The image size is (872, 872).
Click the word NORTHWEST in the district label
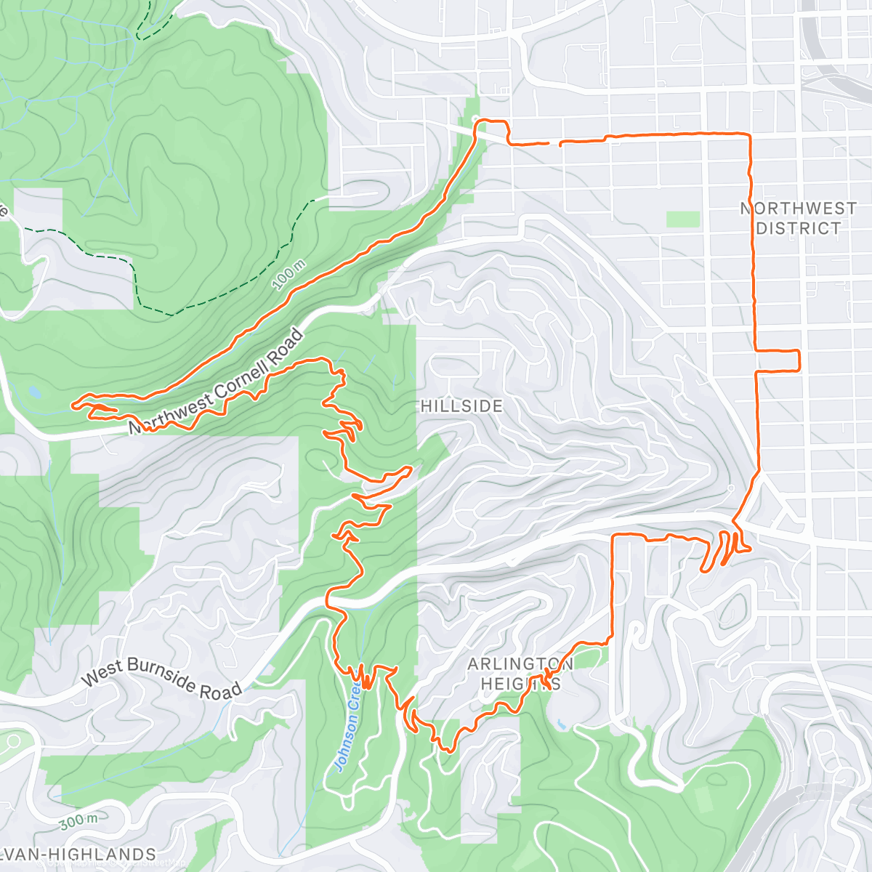(798, 209)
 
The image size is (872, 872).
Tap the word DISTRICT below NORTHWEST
(798, 228)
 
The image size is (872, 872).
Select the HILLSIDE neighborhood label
(461, 406)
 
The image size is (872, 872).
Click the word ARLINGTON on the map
(520, 664)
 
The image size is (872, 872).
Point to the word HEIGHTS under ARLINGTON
(520, 684)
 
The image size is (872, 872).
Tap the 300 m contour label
(79, 822)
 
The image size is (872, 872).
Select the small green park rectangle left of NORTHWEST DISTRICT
(683, 219)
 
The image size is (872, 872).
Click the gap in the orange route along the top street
(554, 144)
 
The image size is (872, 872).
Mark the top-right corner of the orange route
(748, 134)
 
